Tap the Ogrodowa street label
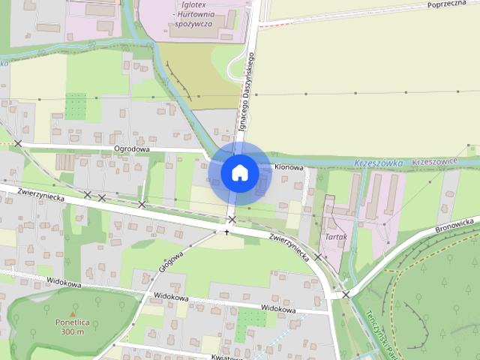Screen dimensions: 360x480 coord(132,149)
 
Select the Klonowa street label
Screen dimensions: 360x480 coord(289,167)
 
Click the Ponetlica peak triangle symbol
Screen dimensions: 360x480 coord(72,313)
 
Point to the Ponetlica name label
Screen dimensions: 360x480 coord(72,322)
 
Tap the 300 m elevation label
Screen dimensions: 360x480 coord(72,331)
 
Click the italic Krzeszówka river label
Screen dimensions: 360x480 coord(379,163)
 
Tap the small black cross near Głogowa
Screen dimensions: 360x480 coord(226,232)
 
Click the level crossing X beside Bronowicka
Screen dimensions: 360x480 coord(346,295)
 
